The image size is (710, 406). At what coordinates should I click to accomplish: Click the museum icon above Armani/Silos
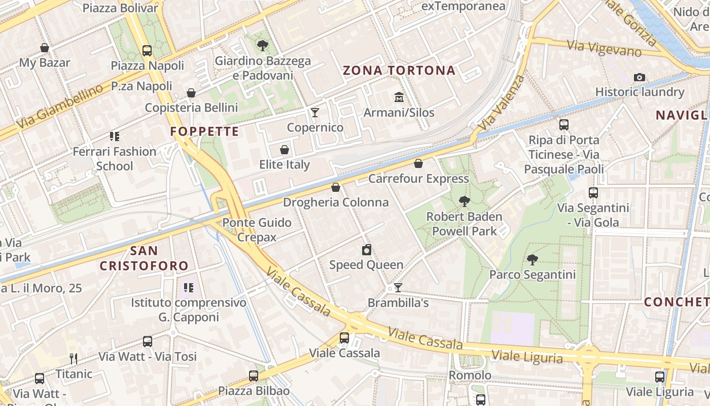click(x=399, y=96)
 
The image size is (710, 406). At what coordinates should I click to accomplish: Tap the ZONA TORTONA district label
click(x=399, y=71)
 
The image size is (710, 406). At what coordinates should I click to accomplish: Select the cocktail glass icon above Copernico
click(x=315, y=112)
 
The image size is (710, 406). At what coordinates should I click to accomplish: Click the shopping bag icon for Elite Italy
click(x=285, y=150)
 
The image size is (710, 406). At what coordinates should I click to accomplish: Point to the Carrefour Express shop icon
click(x=418, y=163)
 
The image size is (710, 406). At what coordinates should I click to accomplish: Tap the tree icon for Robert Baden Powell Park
click(x=464, y=201)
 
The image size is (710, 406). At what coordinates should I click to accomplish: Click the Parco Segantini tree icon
click(x=532, y=260)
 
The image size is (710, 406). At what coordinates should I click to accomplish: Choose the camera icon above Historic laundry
click(x=640, y=77)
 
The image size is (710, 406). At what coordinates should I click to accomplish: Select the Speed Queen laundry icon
click(x=367, y=250)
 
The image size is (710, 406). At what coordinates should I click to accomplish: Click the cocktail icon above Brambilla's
click(x=398, y=288)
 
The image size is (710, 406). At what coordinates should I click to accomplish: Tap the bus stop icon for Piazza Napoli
click(x=147, y=50)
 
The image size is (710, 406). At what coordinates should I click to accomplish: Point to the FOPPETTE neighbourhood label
click(x=204, y=132)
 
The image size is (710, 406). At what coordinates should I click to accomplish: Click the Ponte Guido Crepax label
click(x=257, y=230)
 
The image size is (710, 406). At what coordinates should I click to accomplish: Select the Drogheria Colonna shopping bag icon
click(x=335, y=187)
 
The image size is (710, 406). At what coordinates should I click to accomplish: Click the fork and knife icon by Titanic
click(x=74, y=359)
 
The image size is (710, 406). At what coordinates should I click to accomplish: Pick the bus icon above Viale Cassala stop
click(x=344, y=337)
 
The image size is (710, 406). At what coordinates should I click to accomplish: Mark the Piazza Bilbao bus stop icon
click(x=254, y=376)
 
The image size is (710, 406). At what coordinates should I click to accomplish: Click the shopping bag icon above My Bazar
click(x=45, y=48)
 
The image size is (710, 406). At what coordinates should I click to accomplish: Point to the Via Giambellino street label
click(x=59, y=107)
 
